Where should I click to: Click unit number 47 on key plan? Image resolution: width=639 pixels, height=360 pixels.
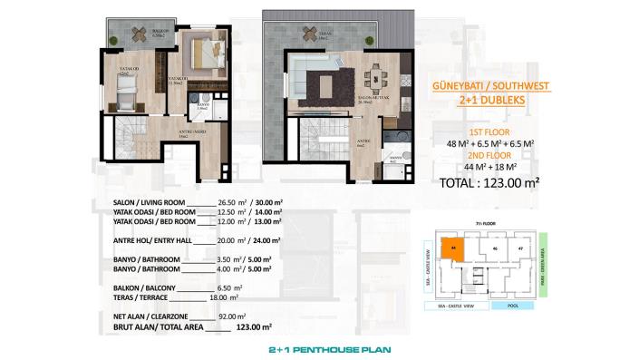point(520,246)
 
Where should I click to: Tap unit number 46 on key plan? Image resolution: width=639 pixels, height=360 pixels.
point(495,246)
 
